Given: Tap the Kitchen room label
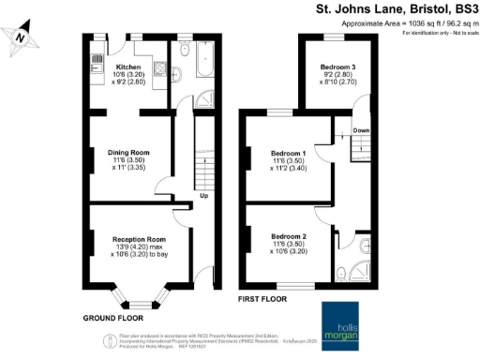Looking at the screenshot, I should [127, 67].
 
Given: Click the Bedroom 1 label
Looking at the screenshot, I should [289, 153].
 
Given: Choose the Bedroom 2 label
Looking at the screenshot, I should [289, 235].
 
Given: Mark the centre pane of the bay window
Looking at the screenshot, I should [139, 304].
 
